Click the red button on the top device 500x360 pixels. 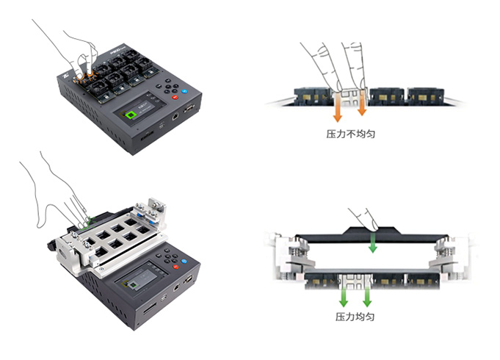[175, 97]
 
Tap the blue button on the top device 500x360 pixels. [184, 91]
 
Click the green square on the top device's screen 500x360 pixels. [131, 115]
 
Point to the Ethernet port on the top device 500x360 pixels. [175, 117]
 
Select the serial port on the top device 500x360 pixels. [189, 109]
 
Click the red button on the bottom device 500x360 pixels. [175, 267]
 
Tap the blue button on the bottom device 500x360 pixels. [184, 262]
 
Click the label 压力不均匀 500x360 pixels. [351, 134]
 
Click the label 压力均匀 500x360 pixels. [355, 317]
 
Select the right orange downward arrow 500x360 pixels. [362, 102]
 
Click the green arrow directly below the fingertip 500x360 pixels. [372, 243]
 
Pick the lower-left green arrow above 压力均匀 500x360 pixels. [344, 297]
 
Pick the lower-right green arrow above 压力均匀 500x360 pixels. [367, 297]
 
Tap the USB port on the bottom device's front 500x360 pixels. [164, 298]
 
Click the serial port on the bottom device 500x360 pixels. [188, 279]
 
